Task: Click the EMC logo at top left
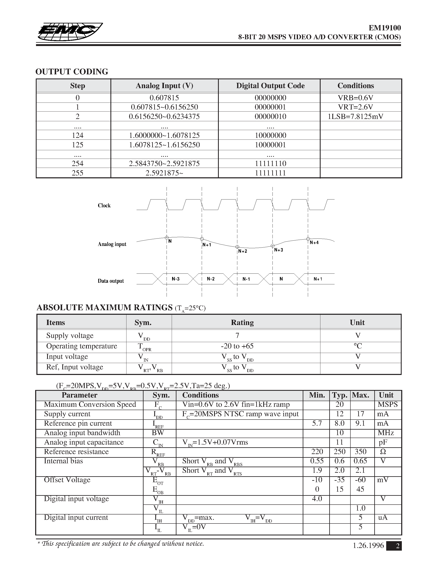point(69,32)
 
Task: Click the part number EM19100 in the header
point(385,28)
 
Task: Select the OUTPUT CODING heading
point(72,72)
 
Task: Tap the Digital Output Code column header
point(270,86)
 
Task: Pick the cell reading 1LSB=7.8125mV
point(355,116)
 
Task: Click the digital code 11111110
point(270,164)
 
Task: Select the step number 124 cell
point(77,135)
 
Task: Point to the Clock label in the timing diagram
point(104,205)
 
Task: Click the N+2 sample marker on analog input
point(237,247)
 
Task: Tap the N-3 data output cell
point(176,279)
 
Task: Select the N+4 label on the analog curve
point(314,242)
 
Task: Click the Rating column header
point(242,322)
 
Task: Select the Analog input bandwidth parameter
point(82,433)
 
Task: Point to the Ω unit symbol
point(383,451)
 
